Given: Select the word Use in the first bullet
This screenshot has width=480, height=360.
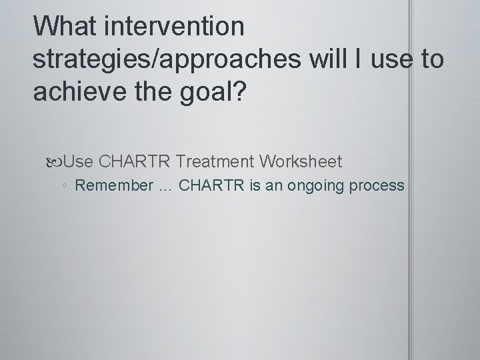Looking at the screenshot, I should (80, 161).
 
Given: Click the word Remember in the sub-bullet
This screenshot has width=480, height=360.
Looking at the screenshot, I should (114, 185).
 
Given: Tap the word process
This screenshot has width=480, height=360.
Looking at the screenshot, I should (379, 186).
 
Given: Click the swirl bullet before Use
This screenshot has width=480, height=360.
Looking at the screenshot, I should (58, 162).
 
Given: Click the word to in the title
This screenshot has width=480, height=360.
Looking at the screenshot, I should (429, 59).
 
